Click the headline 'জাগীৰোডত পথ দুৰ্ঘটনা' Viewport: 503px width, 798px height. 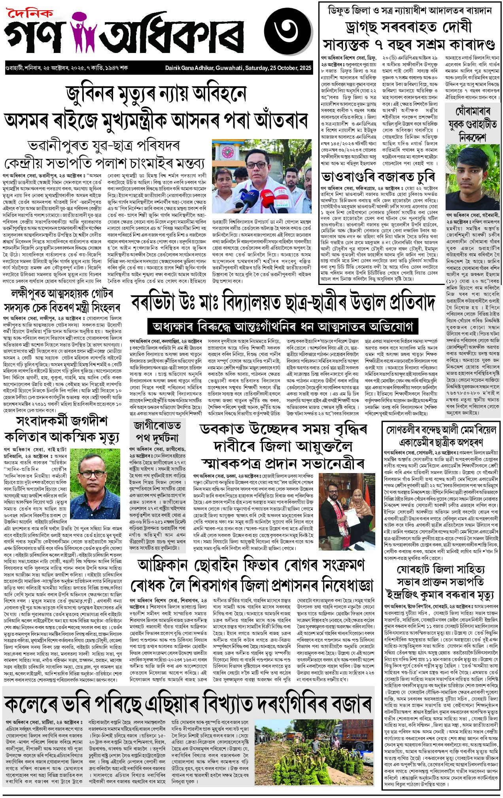[x=157, y=432]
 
